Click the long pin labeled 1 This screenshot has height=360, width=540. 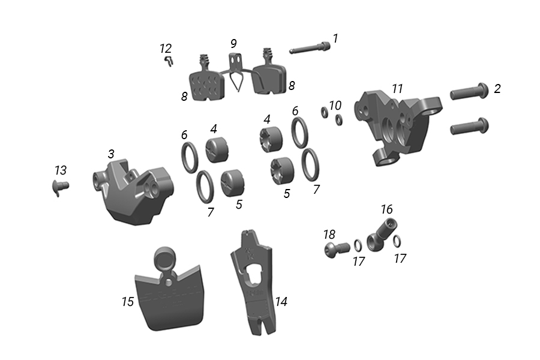click(x=309, y=47)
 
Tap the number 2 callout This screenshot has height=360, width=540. click(x=497, y=89)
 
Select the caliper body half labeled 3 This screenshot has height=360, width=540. click(x=133, y=191)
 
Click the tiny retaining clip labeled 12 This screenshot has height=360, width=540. click(x=169, y=61)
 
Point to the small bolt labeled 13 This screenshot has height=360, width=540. click(x=60, y=187)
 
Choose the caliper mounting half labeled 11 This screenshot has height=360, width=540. click(x=398, y=127)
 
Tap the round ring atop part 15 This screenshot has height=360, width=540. click(x=164, y=259)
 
